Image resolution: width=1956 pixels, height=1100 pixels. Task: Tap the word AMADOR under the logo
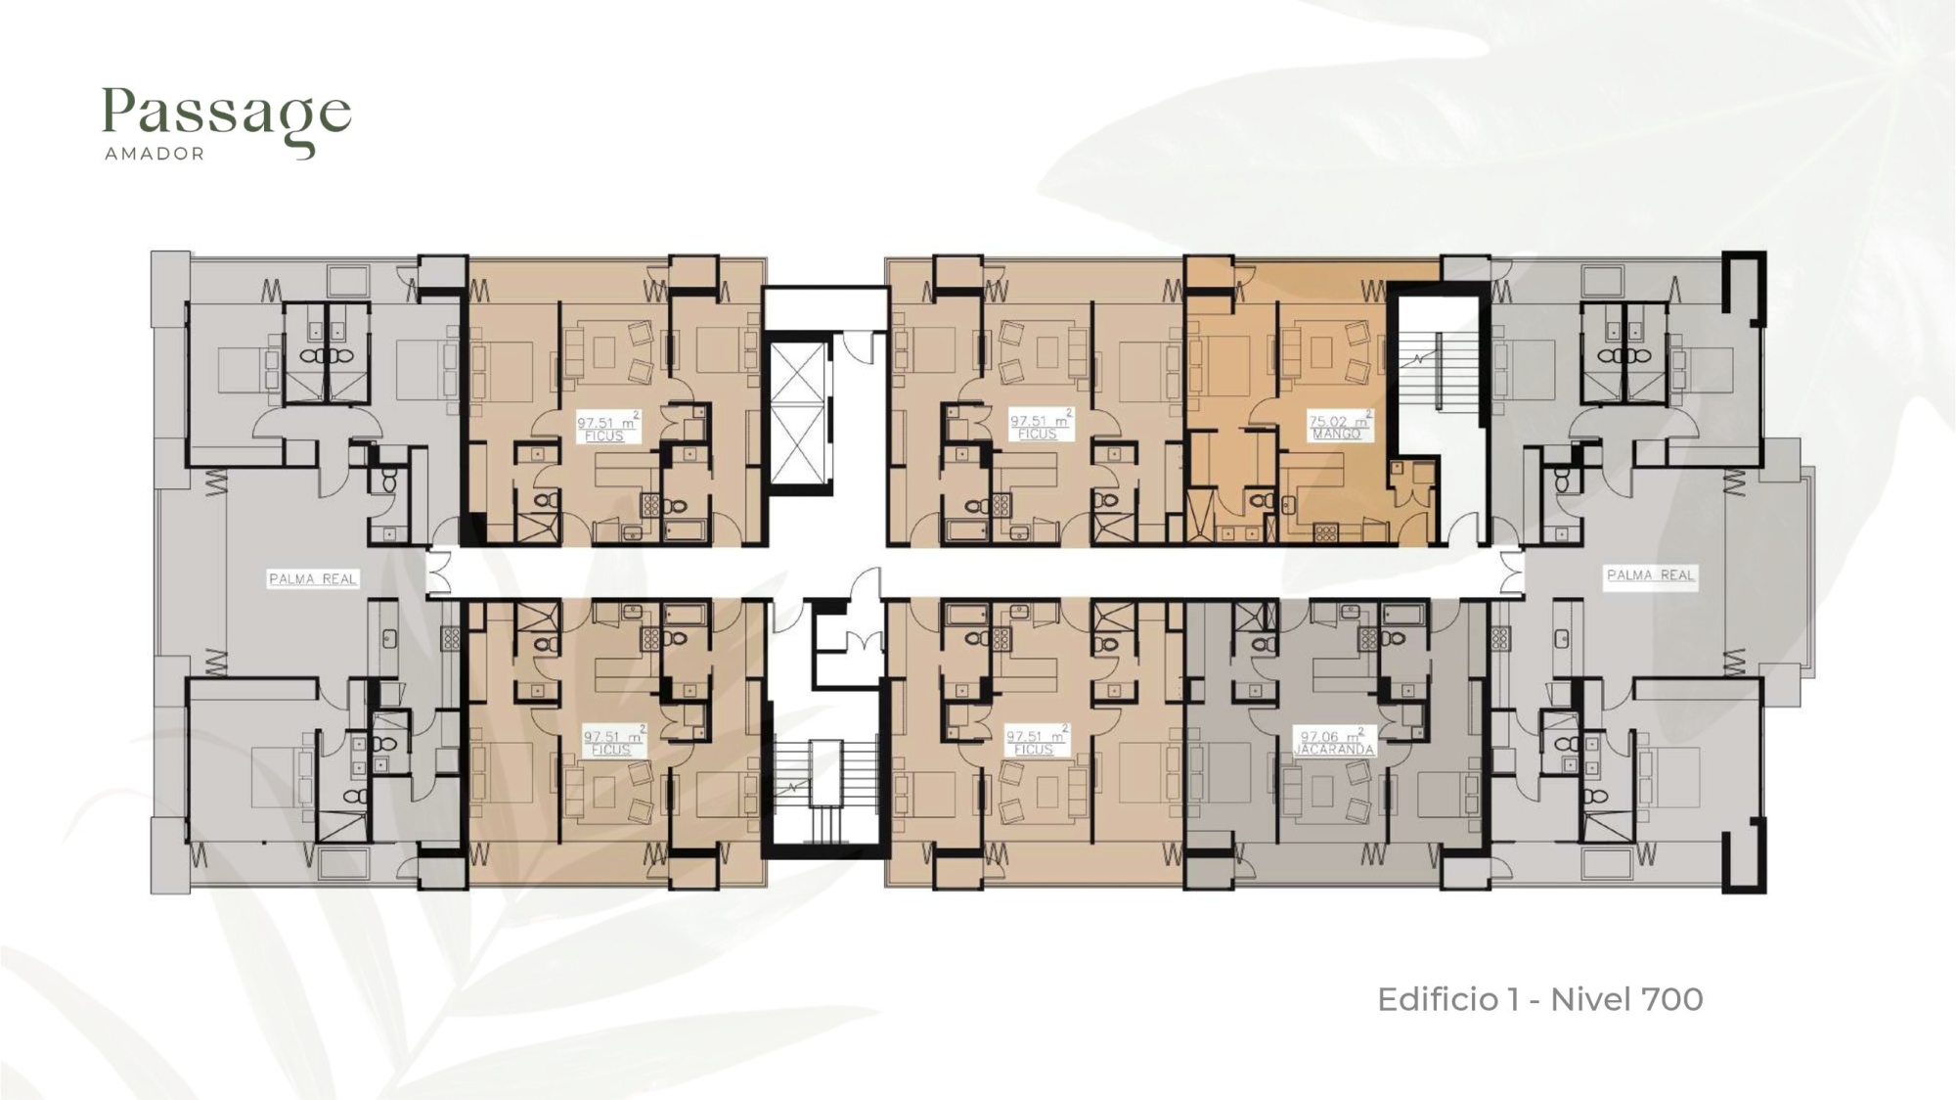point(155,154)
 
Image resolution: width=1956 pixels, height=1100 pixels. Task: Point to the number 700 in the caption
point(1672,999)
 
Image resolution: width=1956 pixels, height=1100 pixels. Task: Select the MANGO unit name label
point(1336,434)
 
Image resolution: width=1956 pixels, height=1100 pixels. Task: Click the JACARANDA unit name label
point(1334,750)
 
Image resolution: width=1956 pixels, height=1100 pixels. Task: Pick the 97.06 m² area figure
point(1332,735)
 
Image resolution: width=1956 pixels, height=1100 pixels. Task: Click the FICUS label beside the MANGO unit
point(1037,434)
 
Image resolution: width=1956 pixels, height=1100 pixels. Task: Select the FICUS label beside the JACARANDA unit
point(1034,750)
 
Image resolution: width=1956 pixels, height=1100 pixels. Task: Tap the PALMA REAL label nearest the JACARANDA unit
point(1651,575)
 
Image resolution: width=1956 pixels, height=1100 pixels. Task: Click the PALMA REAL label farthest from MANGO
point(313,579)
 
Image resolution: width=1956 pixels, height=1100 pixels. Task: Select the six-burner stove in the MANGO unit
point(1325,533)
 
